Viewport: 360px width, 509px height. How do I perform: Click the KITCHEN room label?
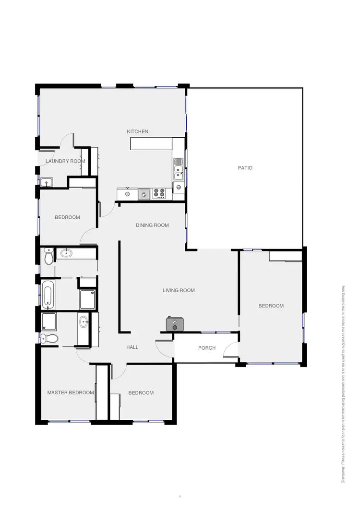click(x=137, y=131)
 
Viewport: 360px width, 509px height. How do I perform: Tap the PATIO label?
click(x=245, y=168)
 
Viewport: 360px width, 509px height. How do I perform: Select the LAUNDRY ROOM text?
click(x=65, y=161)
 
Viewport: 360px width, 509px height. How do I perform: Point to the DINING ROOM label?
click(x=152, y=225)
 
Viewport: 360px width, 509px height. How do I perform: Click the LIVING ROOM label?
click(x=178, y=290)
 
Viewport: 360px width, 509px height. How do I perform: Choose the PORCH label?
click(x=207, y=348)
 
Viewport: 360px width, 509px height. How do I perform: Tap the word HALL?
click(x=132, y=347)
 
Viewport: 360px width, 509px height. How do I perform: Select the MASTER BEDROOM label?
click(x=71, y=392)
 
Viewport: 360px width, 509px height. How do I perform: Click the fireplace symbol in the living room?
click(x=175, y=324)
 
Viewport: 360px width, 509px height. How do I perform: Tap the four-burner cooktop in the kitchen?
click(x=159, y=194)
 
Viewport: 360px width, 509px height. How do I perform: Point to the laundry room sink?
click(x=47, y=182)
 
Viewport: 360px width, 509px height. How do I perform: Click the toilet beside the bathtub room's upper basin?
click(x=48, y=257)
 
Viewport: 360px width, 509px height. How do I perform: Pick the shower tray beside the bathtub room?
click(x=87, y=299)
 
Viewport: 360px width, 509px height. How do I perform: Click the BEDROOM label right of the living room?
click(x=271, y=306)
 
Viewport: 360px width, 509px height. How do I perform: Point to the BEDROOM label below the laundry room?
click(x=67, y=217)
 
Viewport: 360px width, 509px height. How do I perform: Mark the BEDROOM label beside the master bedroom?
click(x=141, y=393)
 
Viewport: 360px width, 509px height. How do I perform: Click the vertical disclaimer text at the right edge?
click(x=344, y=384)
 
